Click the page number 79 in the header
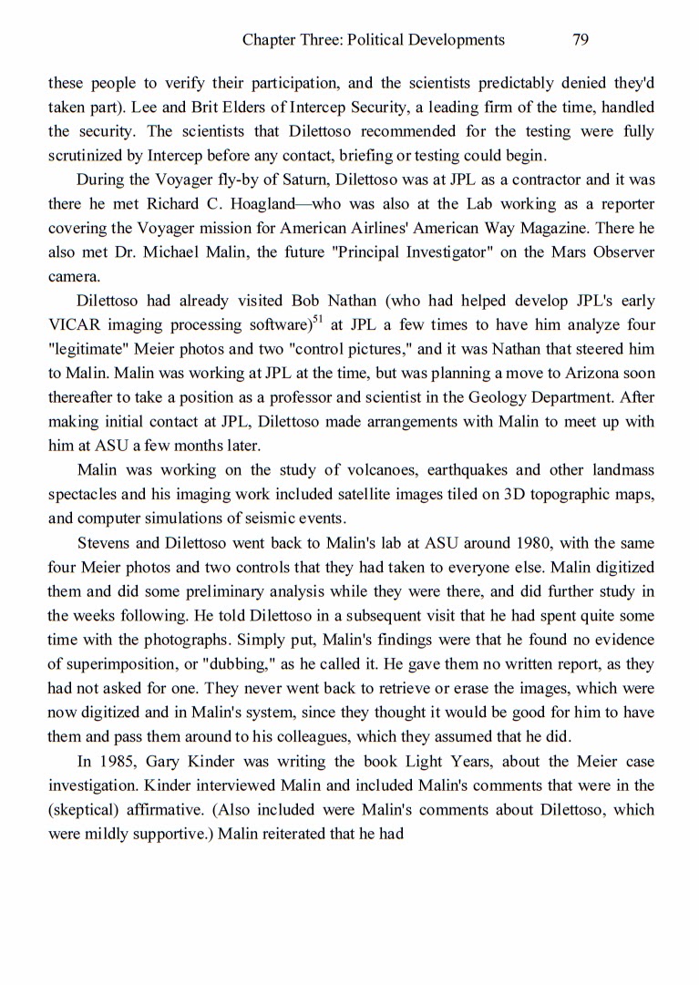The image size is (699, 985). [581, 39]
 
